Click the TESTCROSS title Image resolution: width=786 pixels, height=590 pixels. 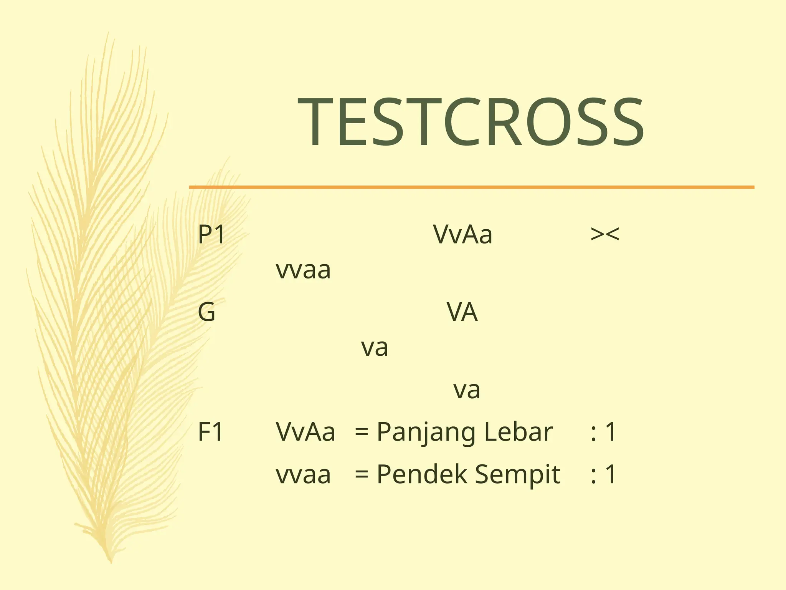(x=471, y=123)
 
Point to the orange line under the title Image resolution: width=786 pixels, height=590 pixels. (x=471, y=187)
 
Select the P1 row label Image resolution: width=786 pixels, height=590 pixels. (x=211, y=235)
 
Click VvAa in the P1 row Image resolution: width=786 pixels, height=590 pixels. (x=462, y=234)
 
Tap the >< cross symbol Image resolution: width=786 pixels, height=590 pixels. (x=604, y=234)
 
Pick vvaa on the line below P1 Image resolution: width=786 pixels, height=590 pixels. (x=303, y=270)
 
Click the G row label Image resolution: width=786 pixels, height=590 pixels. (x=206, y=312)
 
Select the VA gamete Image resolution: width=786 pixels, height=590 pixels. (x=462, y=312)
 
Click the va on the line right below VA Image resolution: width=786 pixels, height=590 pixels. (x=375, y=348)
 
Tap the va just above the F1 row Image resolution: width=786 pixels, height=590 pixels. (x=467, y=390)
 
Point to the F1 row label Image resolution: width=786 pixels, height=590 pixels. (x=210, y=432)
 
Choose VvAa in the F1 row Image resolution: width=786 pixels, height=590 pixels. (x=305, y=432)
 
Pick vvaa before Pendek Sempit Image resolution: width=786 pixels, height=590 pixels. (x=303, y=475)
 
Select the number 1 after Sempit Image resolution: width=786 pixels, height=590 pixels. (x=611, y=474)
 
